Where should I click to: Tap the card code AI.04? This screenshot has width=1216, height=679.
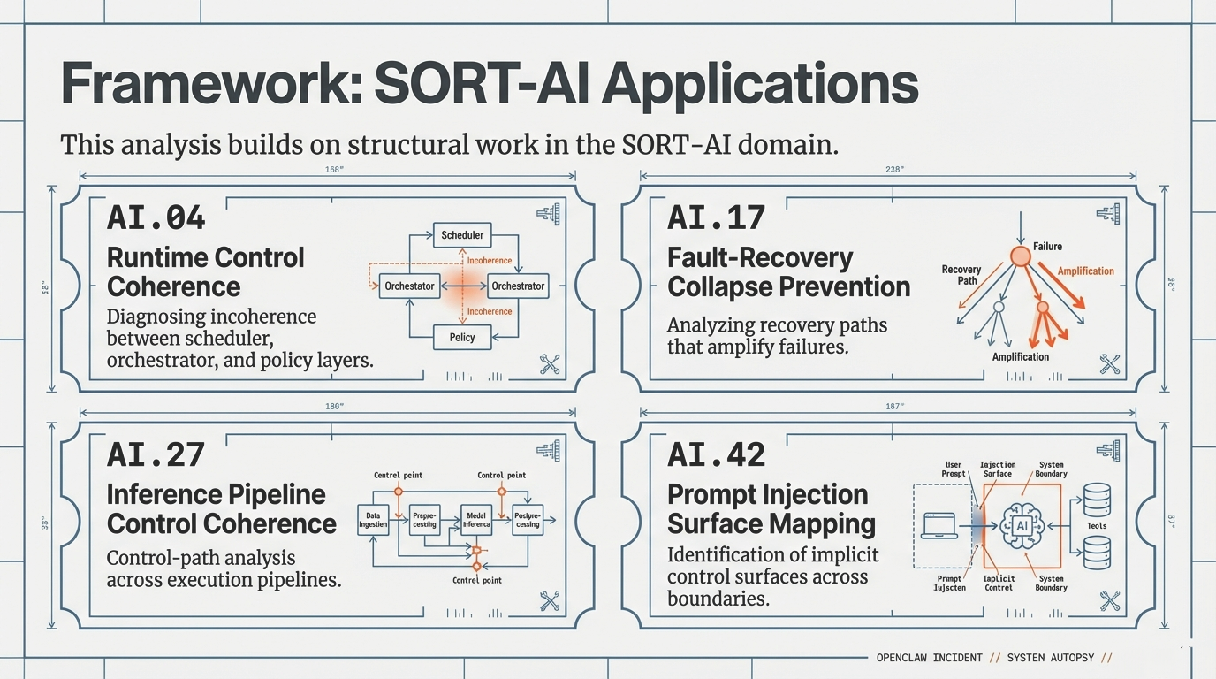[156, 217]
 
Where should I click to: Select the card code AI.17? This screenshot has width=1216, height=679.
[716, 217]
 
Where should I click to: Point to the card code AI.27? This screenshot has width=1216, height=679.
[156, 454]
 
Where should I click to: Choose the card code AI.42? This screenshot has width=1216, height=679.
[716, 454]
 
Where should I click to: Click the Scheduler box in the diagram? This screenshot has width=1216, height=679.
[462, 235]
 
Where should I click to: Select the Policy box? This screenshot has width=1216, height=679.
[462, 337]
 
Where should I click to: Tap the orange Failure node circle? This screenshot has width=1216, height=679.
[1020, 256]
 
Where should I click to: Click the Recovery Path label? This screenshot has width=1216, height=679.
[961, 275]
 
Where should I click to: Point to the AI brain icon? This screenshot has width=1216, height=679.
[1022, 525]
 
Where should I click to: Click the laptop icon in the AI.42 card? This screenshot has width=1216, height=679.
[940, 525]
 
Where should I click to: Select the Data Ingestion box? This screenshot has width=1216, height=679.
[372, 519]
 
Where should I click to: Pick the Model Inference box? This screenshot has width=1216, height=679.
[475, 519]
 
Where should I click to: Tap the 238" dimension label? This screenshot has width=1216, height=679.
[893, 170]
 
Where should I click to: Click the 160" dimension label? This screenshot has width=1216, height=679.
[333, 170]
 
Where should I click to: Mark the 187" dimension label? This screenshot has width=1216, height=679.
[893, 406]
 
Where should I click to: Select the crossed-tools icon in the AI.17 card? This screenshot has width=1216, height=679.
[1110, 364]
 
